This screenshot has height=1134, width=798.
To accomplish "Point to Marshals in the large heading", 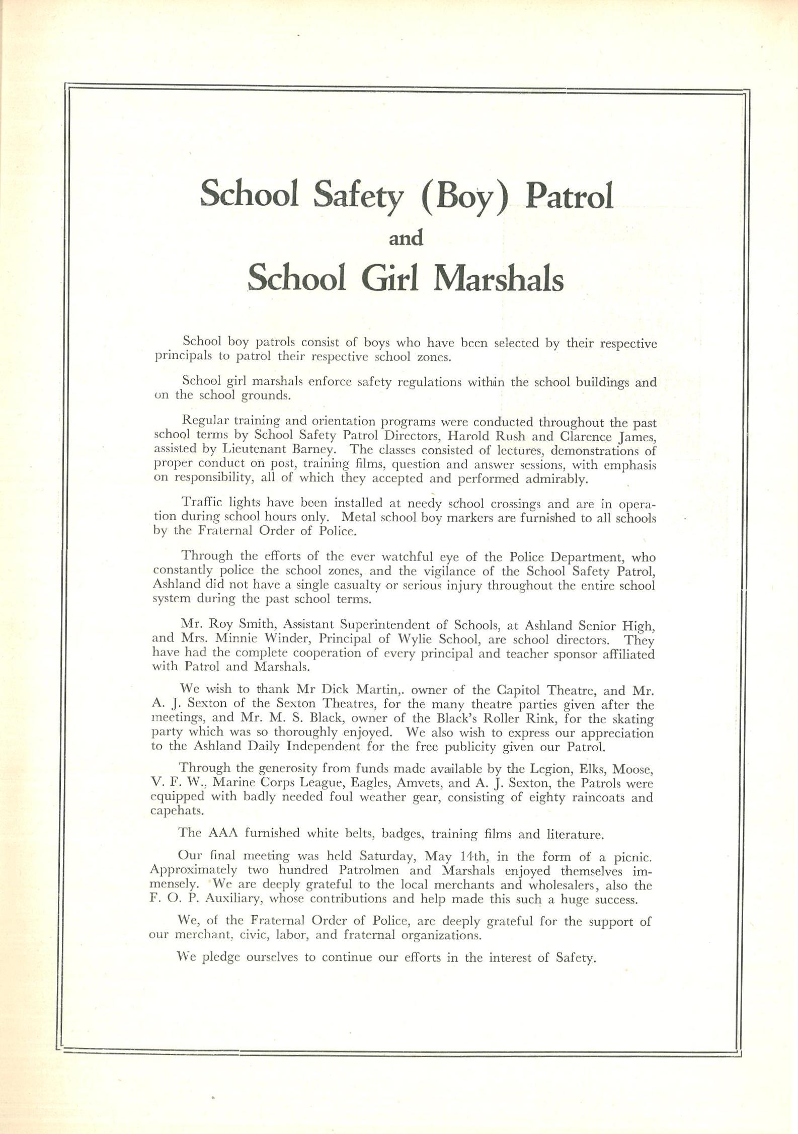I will coord(498,278).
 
